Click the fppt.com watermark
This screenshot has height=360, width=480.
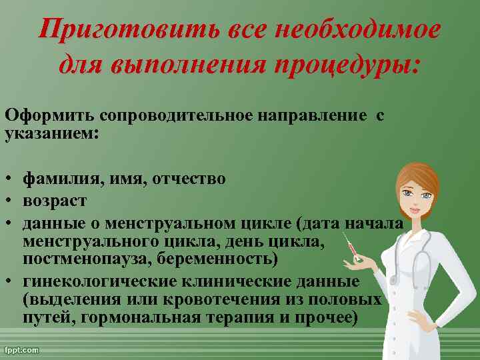(21, 349)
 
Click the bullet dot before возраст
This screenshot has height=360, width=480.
(10, 199)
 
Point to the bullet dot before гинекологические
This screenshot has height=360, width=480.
(10, 281)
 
